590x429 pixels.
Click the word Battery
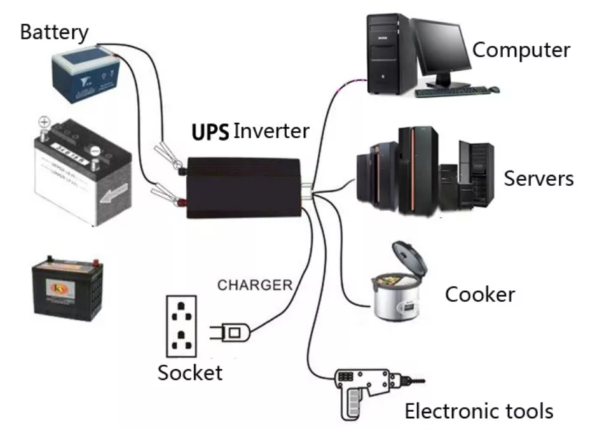coord(54,32)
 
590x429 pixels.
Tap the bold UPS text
coord(210,132)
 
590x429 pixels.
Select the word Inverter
coord(271,132)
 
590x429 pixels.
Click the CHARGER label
coord(254,285)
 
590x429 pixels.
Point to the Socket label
coord(190,372)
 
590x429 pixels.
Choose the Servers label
coord(539,178)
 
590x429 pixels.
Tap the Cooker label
coord(479,295)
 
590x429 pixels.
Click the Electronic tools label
coord(479,411)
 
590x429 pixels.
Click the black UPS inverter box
coord(244,188)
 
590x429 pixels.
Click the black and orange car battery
coord(69,286)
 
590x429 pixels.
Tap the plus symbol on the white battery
coord(44,121)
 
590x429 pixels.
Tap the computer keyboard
coord(454,92)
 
